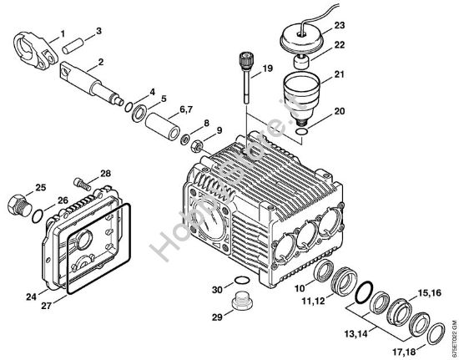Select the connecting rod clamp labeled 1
[x=36, y=50]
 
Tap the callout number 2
[x=100, y=62]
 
